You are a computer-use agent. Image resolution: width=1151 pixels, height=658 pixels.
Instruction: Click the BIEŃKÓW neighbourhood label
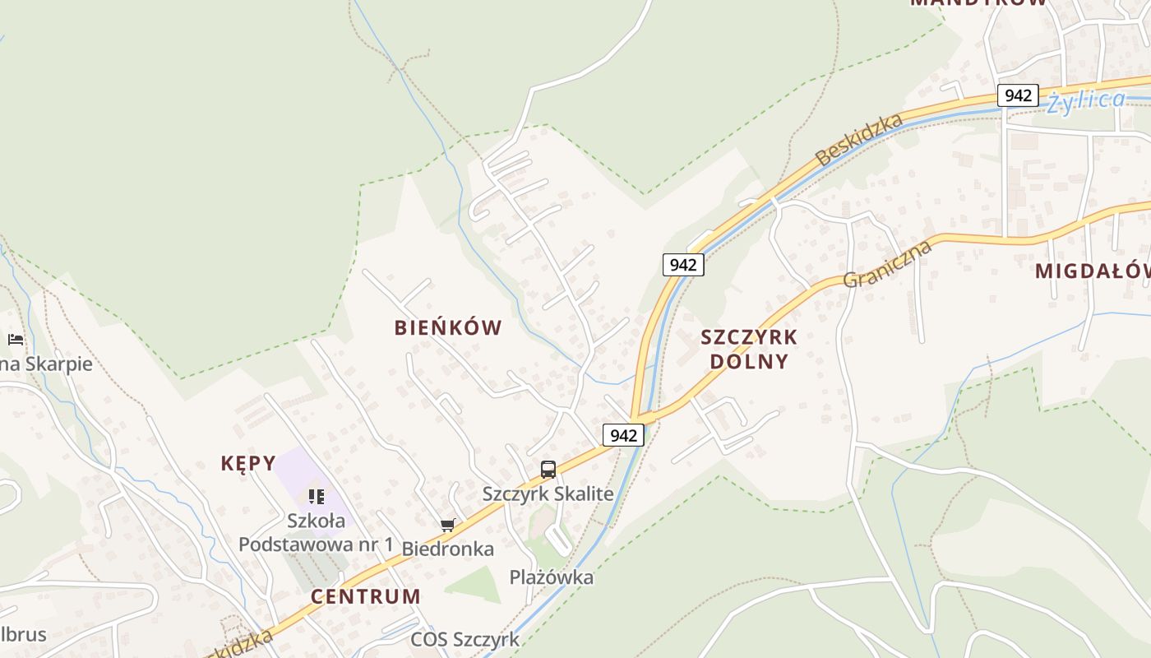click(448, 327)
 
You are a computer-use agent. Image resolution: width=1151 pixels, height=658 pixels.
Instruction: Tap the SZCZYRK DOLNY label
click(748, 349)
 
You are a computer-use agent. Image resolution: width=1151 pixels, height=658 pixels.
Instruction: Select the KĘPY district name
click(248, 463)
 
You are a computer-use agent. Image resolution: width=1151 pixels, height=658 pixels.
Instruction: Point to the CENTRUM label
click(366, 596)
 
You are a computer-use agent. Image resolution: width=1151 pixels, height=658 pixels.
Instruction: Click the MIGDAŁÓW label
click(1092, 271)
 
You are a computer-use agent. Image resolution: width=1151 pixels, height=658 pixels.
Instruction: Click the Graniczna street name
click(887, 264)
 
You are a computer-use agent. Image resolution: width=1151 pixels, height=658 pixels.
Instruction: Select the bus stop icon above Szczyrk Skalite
click(548, 470)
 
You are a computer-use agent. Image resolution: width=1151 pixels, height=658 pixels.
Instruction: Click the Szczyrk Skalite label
click(548, 493)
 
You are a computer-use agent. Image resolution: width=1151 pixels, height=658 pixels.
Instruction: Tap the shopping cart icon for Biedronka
click(448, 525)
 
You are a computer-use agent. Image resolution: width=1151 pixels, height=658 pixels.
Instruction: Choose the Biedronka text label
click(448, 549)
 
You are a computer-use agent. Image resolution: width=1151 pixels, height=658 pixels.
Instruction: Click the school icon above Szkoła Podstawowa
click(317, 496)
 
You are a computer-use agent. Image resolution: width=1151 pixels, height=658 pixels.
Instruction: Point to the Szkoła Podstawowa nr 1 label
click(317, 532)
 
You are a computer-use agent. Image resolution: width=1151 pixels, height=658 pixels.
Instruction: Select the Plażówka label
click(552, 577)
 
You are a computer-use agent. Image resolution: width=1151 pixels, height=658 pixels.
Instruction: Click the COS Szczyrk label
click(465, 639)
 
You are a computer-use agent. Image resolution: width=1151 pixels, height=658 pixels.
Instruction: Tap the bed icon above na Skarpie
click(16, 339)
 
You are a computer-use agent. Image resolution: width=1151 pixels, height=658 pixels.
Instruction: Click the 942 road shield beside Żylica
click(1018, 95)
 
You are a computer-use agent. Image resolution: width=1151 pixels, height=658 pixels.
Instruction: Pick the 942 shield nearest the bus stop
click(623, 435)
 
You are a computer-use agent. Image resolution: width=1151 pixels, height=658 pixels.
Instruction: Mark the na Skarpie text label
click(46, 364)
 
